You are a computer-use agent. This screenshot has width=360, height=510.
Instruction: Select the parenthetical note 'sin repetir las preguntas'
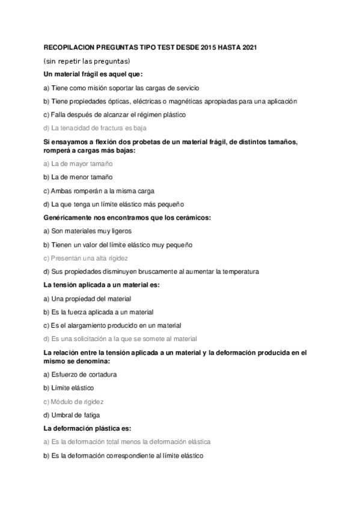pyautogui.click(x=87, y=61)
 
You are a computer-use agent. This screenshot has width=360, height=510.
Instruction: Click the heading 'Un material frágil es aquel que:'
pyautogui.click(x=93, y=74)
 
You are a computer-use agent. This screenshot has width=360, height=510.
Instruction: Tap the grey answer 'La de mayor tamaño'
pyautogui.click(x=78, y=164)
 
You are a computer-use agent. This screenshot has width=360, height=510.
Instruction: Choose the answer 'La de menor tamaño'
pyautogui.click(x=78, y=177)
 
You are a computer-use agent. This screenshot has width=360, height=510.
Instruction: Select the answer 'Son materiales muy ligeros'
pyautogui.click(x=87, y=230)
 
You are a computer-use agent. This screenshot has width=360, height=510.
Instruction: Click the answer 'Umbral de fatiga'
pyautogui.click(x=72, y=415)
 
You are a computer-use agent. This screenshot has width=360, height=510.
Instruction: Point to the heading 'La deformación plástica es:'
pyautogui.click(x=87, y=428)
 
